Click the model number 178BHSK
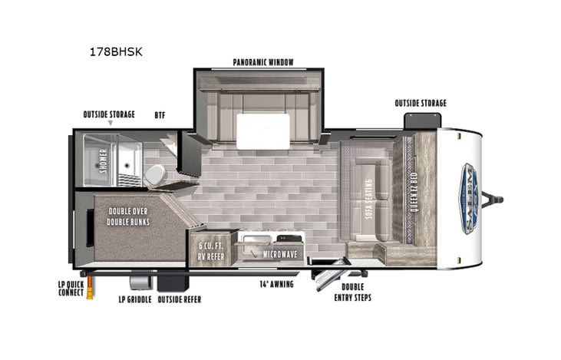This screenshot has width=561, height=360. tap(117, 53)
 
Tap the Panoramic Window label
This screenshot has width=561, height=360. tap(264, 62)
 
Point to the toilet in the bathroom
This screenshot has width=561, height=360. tap(154, 175)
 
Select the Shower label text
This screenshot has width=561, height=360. tap(103, 161)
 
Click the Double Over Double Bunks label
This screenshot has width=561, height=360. tap(129, 216)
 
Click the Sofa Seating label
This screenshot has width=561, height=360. tap(368, 200)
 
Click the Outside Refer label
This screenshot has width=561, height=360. tap(180, 299)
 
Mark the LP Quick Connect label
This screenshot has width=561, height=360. tap(70, 289)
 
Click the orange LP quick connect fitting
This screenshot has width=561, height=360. tap(90, 288)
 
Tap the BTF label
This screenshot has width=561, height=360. tap(160, 115)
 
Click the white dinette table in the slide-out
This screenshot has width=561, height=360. tap(263, 131)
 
